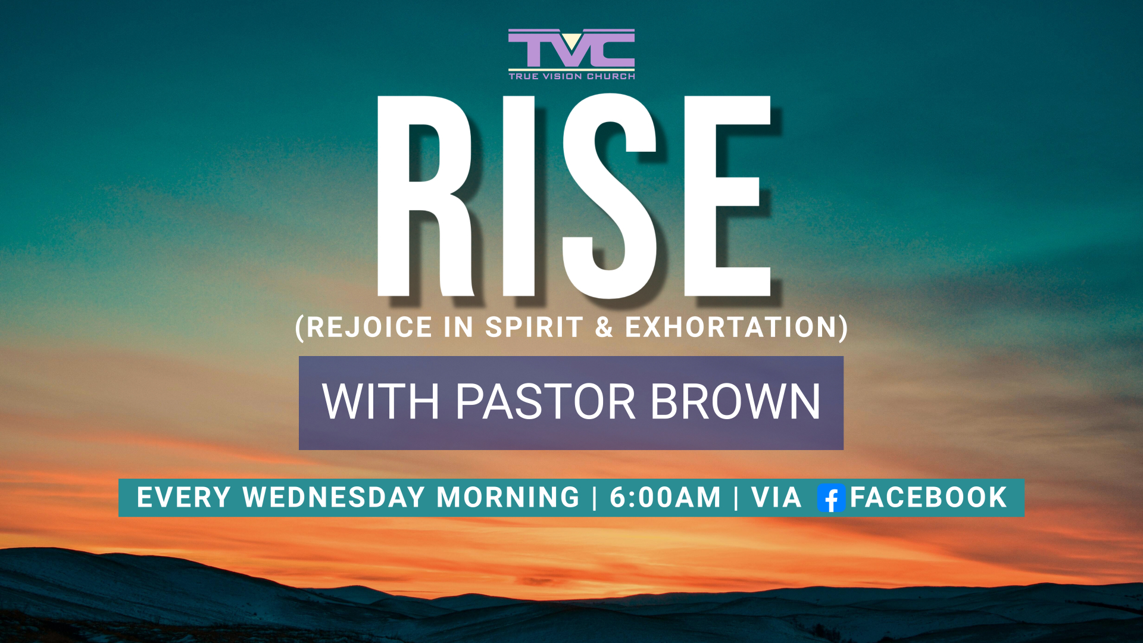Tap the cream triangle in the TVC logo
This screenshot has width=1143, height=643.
click(x=571, y=41)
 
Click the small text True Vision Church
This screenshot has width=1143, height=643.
click(x=571, y=76)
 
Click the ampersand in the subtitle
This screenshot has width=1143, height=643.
click(x=604, y=327)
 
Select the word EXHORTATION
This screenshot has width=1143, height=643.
click(x=732, y=327)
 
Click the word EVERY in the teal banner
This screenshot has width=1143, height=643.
click(x=184, y=498)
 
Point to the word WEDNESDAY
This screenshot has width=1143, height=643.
click(x=334, y=498)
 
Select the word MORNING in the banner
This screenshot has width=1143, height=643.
click(x=508, y=498)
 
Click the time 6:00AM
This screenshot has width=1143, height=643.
click(x=665, y=498)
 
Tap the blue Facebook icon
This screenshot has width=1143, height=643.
click(x=831, y=498)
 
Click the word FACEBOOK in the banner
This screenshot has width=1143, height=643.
click(x=928, y=498)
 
